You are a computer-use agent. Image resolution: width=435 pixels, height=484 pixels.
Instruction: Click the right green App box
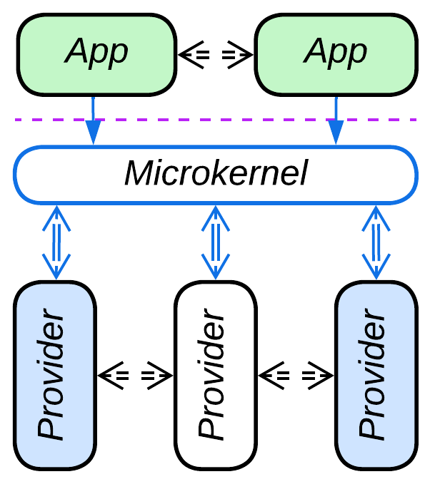tap(336, 54)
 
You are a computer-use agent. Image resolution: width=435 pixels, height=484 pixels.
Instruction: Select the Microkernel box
tap(215, 174)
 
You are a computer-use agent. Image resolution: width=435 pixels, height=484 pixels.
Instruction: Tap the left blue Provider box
tap(55, 375)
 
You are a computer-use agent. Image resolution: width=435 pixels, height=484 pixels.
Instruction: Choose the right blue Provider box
tap(376, 375)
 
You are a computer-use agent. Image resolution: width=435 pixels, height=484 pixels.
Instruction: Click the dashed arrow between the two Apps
tap(215, 54)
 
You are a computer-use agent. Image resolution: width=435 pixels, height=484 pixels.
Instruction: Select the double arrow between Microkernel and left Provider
tap(55, 242)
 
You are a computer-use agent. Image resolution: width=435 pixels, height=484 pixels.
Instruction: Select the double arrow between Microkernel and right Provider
tap(376, 242)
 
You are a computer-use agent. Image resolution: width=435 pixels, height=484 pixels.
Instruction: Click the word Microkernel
tap(215, 174)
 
